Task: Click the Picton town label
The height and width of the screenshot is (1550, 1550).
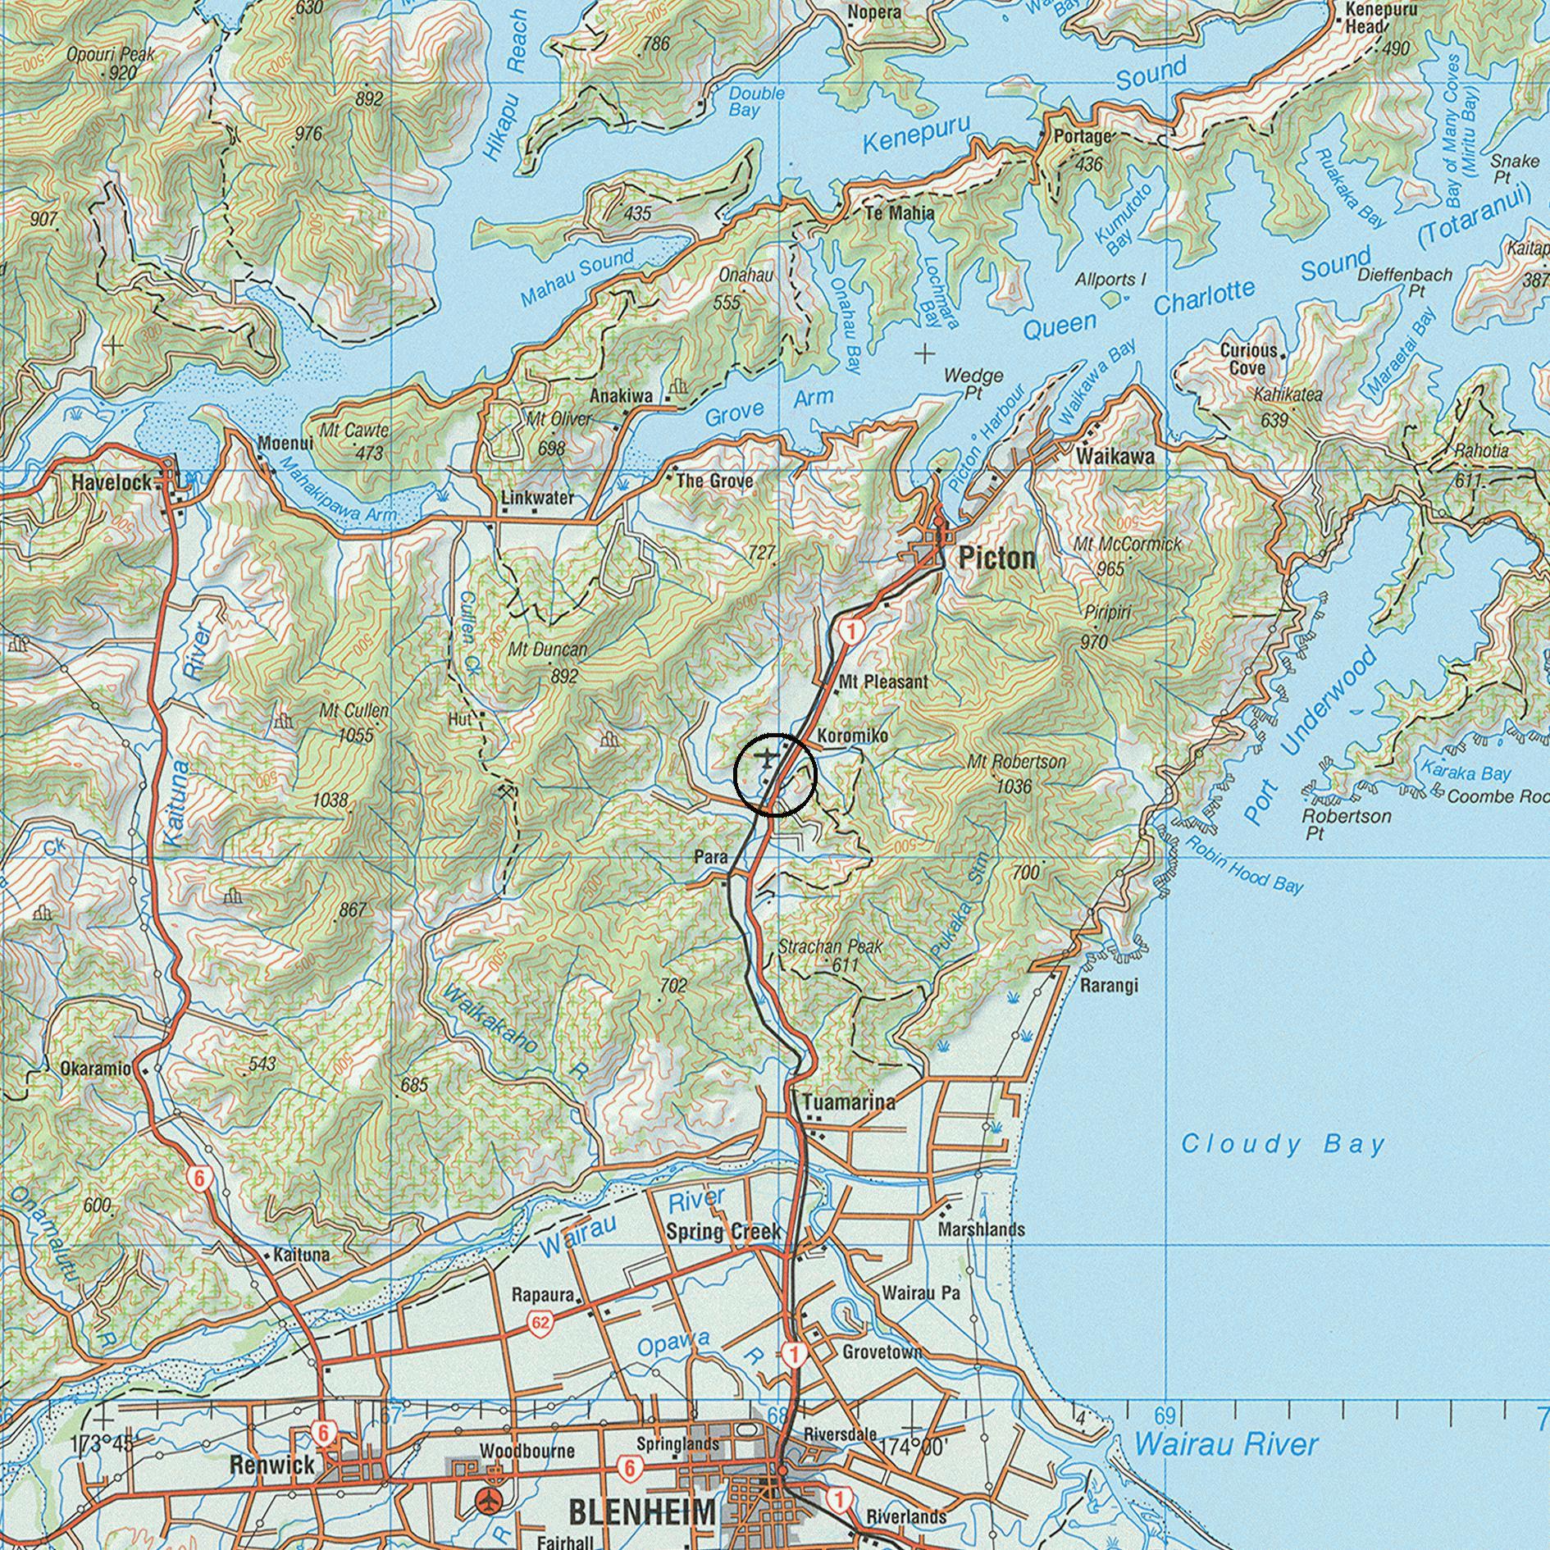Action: pos(996,559)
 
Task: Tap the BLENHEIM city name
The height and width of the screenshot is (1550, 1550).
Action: pos(641,1511)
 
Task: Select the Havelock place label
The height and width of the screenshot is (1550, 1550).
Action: pos(112,482)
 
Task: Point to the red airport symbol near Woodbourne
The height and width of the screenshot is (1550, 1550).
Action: pos(490,1502)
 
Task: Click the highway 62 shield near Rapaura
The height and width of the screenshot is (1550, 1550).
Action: pos(540,1322)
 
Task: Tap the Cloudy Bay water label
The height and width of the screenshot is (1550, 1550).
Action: pos(1283,1144)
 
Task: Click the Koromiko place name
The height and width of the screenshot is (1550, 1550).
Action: pos(852,736)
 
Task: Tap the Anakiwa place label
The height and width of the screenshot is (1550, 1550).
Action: pos(622,396)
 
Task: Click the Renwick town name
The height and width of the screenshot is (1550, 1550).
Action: pos(271,1466)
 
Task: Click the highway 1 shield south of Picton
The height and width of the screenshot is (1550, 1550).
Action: pos(852,631)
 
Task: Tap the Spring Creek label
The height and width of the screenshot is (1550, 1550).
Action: pos(723,1232)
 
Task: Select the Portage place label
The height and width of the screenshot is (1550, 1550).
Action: pos(1082,136)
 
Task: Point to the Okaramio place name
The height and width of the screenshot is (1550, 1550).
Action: pos(95,1069)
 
